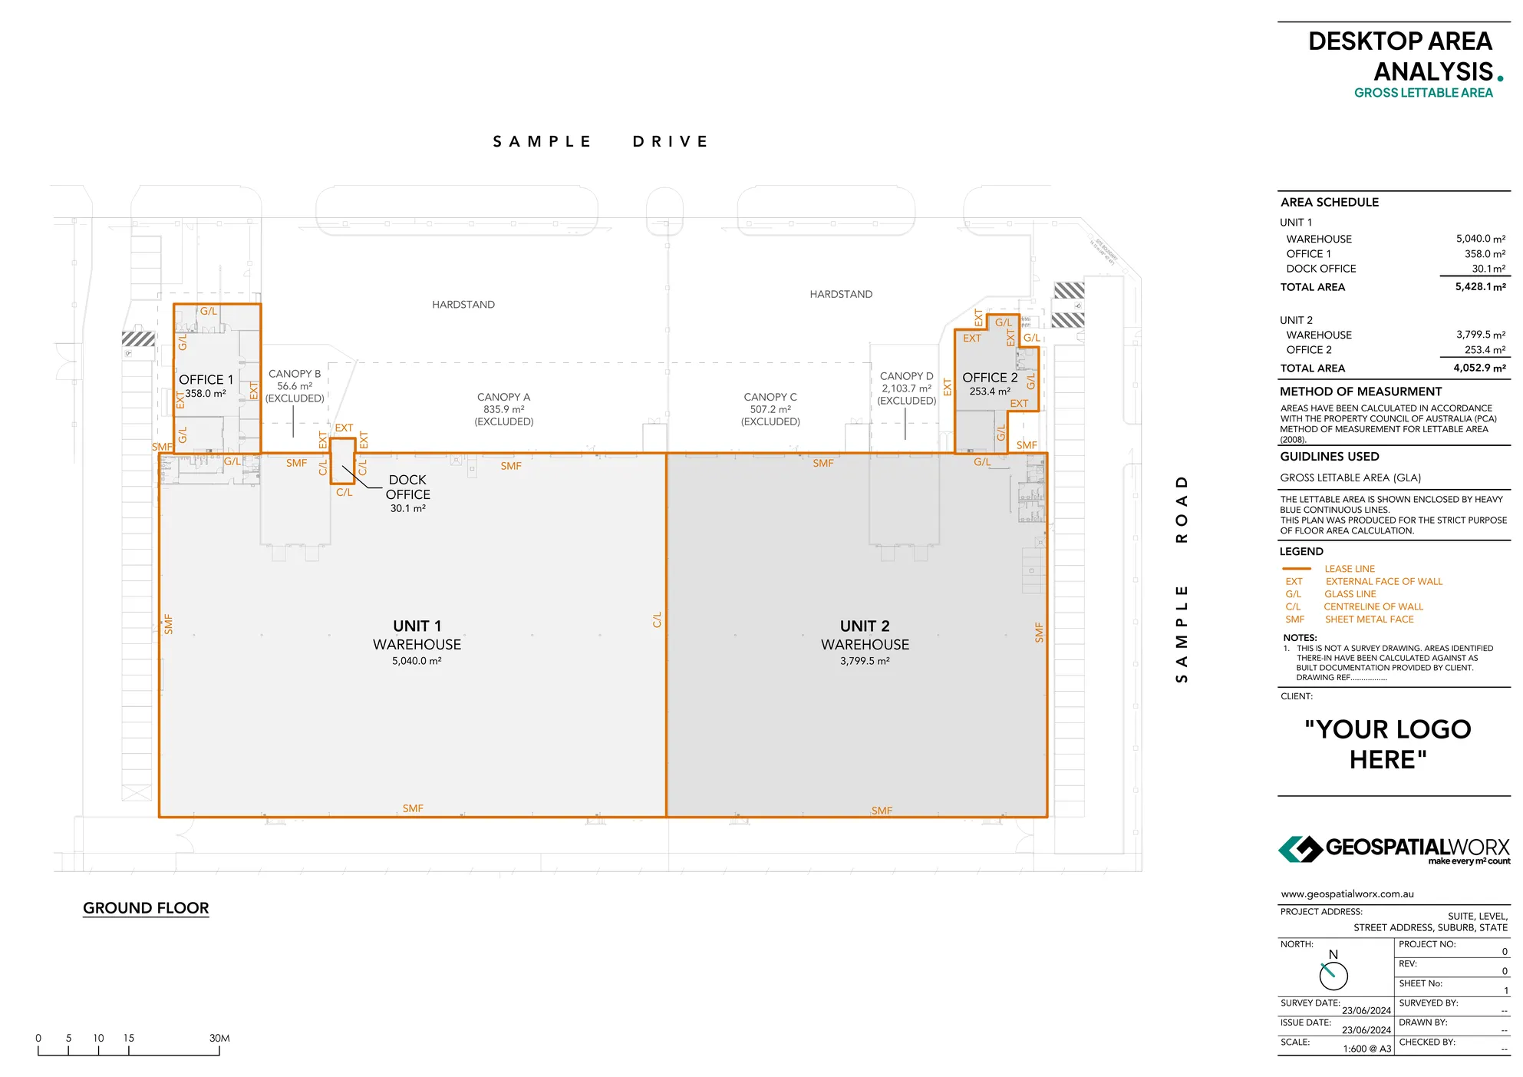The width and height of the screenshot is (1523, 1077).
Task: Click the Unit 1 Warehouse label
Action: point(417,635)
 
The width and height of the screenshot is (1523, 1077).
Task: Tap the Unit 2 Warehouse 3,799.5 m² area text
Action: point(865,661)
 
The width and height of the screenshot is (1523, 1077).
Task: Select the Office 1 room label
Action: point(206,380)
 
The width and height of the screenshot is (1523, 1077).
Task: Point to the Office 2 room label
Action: point(990,378)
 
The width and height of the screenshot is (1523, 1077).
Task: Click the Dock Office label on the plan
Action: point(407,487)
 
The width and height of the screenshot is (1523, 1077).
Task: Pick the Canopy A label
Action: point(503,398)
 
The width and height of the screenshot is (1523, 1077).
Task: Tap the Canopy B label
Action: point(295,374)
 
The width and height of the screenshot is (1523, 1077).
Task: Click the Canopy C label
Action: point(770,398)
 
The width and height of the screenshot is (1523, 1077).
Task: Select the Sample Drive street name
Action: point(600,142)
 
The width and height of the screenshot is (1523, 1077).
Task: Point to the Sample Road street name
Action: point(1182,579)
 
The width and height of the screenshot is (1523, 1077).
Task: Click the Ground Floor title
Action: point(146,908)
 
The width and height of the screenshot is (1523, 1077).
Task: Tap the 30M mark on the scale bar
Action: point(219,1039)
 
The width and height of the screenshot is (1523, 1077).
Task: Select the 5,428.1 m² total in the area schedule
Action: point(1480,287)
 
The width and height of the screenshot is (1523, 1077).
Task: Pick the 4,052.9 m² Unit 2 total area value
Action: point(1479,368)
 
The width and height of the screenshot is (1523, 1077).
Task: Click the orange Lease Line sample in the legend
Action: point(1296,569)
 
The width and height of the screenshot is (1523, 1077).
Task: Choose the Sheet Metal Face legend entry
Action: point(1369,619)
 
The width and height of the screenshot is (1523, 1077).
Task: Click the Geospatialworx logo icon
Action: point(1300,850)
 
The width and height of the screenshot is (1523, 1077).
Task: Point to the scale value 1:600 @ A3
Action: point(1366,1049)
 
